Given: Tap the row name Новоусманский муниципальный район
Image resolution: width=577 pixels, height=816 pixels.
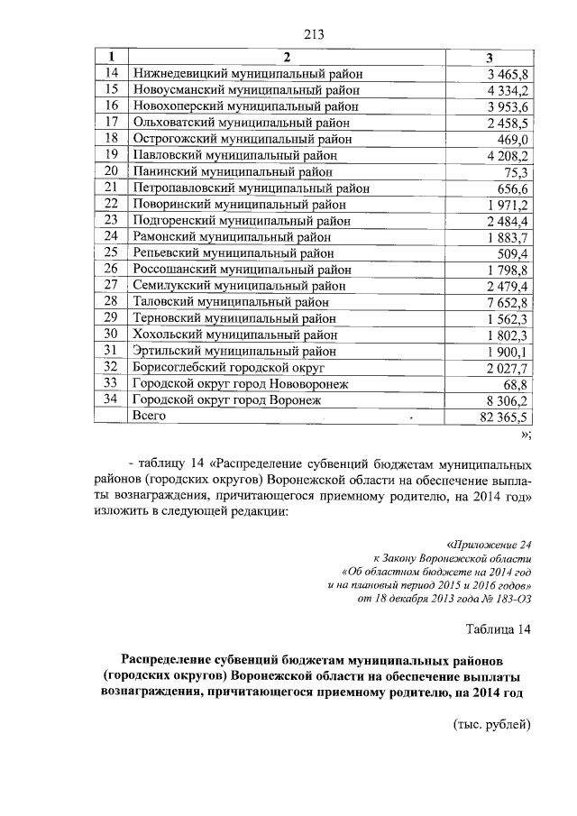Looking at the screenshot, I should point(246,90).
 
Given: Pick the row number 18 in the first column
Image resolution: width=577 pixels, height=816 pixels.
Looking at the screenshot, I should point(112,139).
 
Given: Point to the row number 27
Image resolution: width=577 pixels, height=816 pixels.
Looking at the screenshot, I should point(112,285).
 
